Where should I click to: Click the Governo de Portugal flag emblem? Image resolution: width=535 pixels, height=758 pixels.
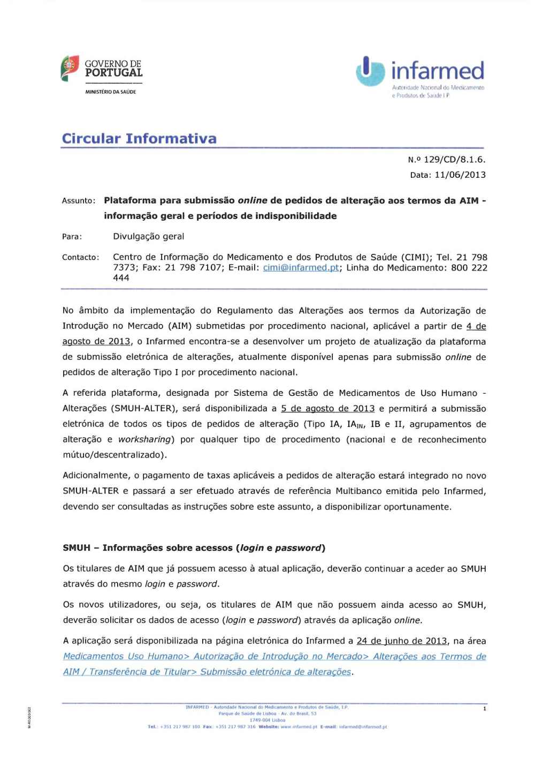click(70, 68)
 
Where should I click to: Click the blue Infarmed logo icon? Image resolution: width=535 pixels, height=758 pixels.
click(370, 71)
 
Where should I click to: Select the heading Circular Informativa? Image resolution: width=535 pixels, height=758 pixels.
click(139, 139)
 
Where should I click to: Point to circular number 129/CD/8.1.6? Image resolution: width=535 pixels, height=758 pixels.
click(454, 160)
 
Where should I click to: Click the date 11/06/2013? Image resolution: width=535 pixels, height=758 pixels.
click(460, 175)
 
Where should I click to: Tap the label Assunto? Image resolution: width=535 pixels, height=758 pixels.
click(79, 201)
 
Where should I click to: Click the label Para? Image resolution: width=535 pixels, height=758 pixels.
click(72, 237)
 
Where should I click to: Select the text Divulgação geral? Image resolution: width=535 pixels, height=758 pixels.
click(148, 237)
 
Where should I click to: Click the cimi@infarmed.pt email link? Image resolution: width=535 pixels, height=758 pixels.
click(301, 268)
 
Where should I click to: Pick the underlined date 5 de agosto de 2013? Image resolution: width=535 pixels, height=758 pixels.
click(327, 409)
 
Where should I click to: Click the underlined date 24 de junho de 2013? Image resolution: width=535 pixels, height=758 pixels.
click(401, 641)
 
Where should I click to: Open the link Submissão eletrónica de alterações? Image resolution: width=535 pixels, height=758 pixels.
click(276, 672)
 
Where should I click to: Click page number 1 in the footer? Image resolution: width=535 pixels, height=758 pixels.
click(485, 709)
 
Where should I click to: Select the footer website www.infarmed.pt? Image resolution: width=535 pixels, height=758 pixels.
click(299, 727)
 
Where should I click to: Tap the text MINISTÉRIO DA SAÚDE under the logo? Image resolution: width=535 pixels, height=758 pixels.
click(111, 92)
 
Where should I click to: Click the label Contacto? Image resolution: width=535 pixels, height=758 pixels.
click(81, 258)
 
